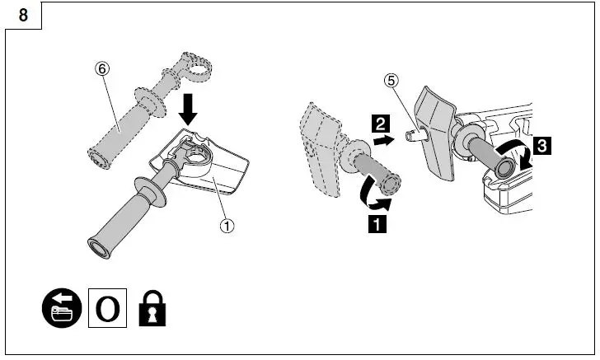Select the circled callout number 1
[x=227, y=222]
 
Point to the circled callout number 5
[x=392, y=82]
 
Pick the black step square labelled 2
[x=380, y=126]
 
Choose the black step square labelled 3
[x=541, y=146]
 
